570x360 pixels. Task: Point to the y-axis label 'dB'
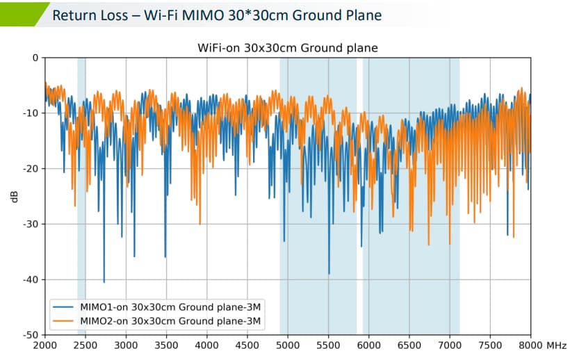[14, 197]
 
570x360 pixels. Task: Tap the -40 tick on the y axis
[31, 279]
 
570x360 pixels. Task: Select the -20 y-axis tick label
[31, 169]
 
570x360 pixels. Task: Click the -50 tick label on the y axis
[31, 335]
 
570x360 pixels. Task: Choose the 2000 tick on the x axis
[44, 345]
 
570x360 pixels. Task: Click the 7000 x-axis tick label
[450, 345]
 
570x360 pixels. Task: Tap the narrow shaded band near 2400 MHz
[81, 195]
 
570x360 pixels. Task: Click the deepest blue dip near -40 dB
[104, 281]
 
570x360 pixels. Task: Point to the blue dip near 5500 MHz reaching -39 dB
[329, 273]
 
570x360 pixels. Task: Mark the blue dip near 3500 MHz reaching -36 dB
[165, 256]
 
